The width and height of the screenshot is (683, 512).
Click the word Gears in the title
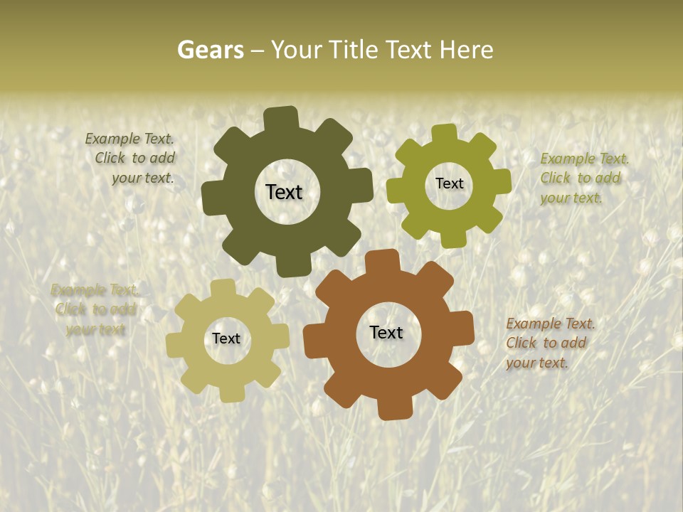(210, 50)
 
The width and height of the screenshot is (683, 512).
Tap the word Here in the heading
(466, 50)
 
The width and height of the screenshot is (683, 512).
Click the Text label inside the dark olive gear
(284, 192)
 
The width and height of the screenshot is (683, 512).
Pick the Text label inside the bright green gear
(449, 183)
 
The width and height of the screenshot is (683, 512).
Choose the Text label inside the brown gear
(386, 332)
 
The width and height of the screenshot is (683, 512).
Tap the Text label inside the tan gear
(226, 338)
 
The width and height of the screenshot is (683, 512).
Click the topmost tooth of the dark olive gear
(282, 118)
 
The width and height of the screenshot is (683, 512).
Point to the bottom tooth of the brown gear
(395, 409)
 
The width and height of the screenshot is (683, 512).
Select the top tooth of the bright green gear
(445, 134)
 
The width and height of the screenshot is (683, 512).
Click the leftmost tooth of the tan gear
(175, 344)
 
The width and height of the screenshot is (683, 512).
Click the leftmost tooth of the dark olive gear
(211, 198)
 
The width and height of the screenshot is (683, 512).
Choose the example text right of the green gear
(583, 178)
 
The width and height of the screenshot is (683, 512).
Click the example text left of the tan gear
(95, 309)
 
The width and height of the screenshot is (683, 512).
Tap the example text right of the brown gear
(549, 343)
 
